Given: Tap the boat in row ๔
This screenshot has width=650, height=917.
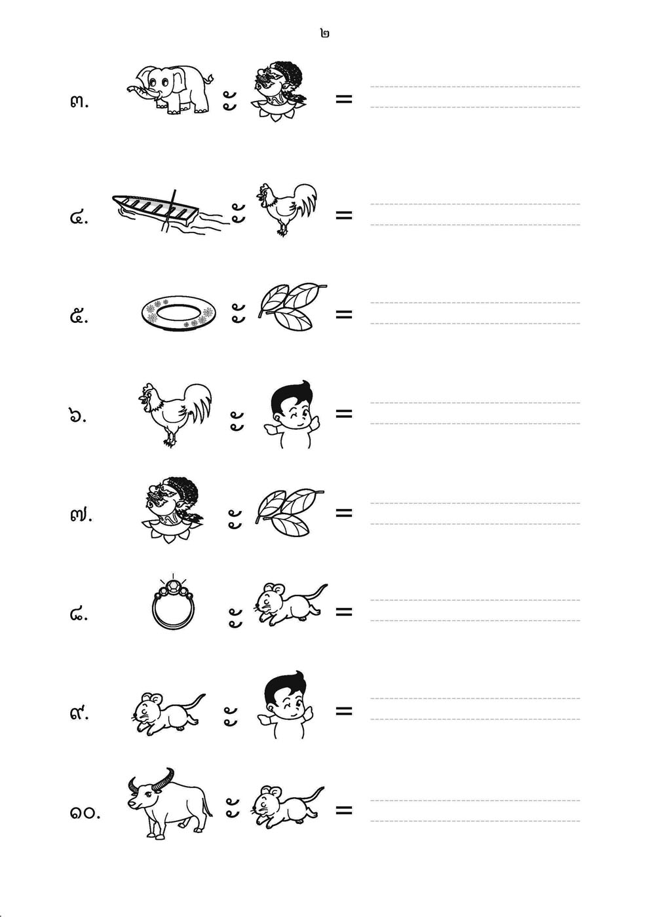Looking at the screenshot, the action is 168,213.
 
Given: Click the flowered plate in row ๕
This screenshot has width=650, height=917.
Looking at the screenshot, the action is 179,313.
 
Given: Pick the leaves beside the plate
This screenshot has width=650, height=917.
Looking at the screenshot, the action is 292,307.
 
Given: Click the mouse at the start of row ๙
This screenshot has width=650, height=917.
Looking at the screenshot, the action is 168,713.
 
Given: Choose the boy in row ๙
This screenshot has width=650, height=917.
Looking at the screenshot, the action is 285,706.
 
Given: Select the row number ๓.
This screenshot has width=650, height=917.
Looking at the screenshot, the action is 79,102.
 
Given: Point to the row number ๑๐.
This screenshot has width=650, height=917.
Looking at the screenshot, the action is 85,813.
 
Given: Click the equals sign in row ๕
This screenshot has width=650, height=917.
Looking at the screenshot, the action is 343,314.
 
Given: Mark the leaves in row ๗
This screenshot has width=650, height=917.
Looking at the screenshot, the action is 290,512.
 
